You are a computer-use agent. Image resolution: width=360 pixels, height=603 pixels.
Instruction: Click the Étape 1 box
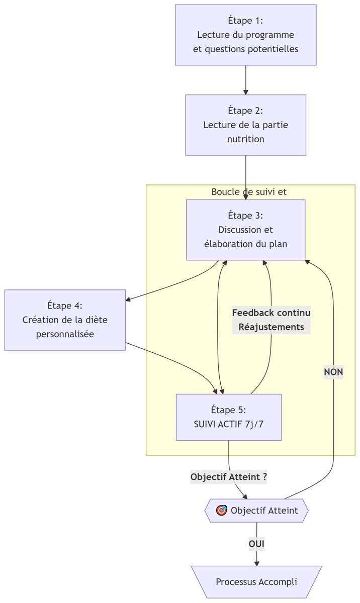(245, 35)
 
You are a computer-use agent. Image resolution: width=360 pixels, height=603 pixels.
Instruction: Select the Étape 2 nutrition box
(245, 125)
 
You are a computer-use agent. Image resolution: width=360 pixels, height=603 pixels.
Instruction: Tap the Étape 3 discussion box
(245, 230)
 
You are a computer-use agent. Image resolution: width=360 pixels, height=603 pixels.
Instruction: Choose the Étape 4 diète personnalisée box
(65, 320)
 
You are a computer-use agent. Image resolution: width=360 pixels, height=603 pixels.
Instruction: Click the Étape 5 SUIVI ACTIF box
(228, 417)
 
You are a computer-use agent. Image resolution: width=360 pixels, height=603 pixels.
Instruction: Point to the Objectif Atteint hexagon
(256, 511)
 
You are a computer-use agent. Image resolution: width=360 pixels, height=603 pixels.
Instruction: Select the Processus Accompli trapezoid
(256, 582)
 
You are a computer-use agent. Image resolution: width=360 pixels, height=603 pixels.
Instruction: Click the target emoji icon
(221, 511)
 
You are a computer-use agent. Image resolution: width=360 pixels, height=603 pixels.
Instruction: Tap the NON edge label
(333, 372)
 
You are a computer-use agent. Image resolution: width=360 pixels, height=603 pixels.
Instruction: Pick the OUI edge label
(256, 544)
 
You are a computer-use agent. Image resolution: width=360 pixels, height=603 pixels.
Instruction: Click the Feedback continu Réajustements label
(271, 320)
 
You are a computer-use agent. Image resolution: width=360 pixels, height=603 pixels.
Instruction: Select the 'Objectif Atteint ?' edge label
(228, 477)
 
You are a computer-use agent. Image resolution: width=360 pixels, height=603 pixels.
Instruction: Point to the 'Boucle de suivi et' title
(249, 192)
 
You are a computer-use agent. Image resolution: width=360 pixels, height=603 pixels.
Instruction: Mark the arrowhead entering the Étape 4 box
(128, 300)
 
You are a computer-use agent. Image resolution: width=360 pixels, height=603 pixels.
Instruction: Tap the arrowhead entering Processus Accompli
(256, 563)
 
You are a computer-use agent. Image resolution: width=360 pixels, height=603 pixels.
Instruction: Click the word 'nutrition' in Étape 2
(245, 139)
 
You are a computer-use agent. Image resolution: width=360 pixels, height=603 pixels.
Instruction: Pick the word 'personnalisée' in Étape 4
(65, 334)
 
